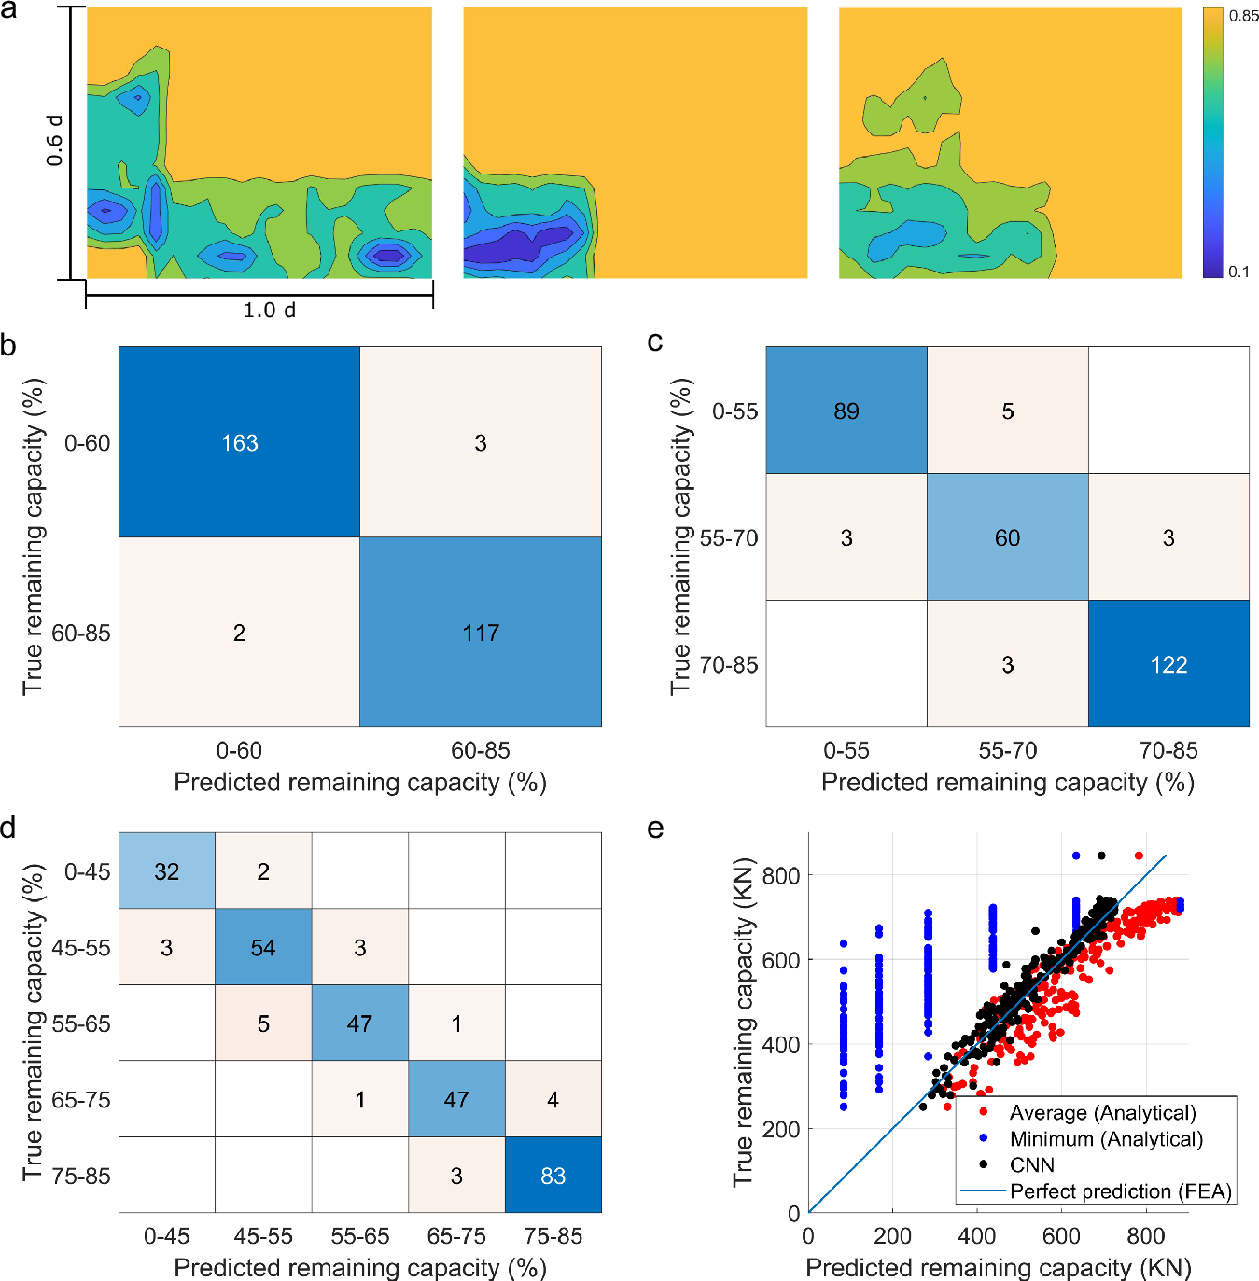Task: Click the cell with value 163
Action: [239, 443]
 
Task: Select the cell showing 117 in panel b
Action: [481, 633]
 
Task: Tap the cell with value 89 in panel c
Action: [846, 411]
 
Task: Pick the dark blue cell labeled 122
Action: [1168, 664]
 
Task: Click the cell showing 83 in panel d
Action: [553, 1176]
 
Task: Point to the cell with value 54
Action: [263, 948]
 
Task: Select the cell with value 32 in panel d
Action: [167, 871]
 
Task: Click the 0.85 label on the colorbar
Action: [1243, 16]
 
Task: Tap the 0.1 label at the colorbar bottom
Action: [1238, 272]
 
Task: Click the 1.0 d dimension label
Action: [269, 311]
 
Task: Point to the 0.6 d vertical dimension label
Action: [55, 140]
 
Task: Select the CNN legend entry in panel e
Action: [1031, 1164]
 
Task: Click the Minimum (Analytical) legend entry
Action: [1105, 1138]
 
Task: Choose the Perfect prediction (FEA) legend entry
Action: [1120, 1191]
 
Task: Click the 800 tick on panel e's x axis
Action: [1145, 1236]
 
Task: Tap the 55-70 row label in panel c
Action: [729, 538]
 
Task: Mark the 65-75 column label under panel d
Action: [456, 1236]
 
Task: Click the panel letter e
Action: [655, 828]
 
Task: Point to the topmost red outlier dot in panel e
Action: [1139, 856]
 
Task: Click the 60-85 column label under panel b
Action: [481, 750]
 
